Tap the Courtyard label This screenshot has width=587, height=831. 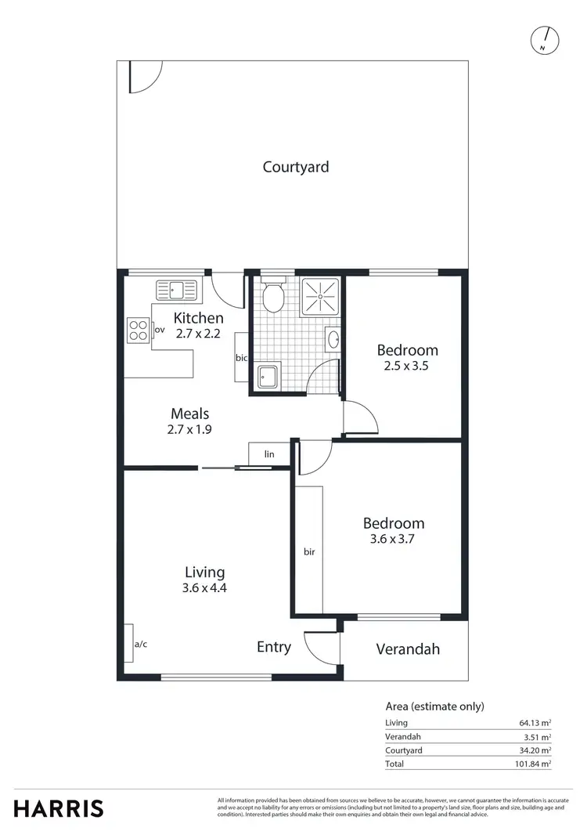tap(296, 167)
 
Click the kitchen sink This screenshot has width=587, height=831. tap(178, 291)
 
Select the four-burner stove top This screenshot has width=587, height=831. tap(138, 330)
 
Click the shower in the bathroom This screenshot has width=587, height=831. tap(321, 294)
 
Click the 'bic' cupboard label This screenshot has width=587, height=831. tap(242, 358)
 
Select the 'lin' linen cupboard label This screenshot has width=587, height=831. tap(269, 454)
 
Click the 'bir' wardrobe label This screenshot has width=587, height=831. tap(308, 551)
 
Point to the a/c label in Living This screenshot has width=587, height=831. tap(141, 644)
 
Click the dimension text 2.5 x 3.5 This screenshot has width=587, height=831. tap(407, 365)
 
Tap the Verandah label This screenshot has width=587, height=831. tap(408, 649)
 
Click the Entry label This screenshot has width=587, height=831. tap(274, 647)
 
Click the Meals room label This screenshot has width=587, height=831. tap(190, 414)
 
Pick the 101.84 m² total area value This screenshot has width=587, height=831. tap(530, 763)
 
